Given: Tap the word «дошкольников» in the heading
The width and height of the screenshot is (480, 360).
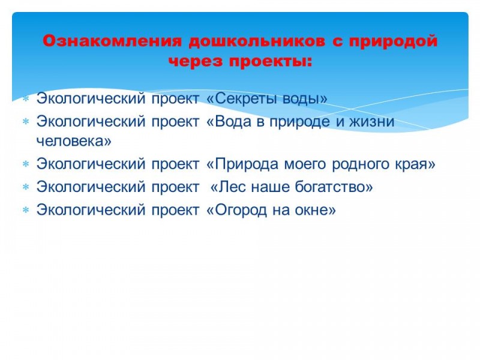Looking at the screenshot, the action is tap(257, 41).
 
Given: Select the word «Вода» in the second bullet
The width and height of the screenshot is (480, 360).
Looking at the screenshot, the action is tap(233, 122).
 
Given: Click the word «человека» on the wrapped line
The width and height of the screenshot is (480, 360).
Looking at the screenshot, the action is tap(70, 141).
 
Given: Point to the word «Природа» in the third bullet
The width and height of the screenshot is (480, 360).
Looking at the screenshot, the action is tap(247, 164).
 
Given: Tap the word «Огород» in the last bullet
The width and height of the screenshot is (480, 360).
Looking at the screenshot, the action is tap(241, 210).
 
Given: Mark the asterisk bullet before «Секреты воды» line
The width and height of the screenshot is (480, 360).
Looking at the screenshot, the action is tap(26, 98).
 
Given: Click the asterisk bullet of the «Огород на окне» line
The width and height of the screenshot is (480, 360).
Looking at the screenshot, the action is tap(26, 210).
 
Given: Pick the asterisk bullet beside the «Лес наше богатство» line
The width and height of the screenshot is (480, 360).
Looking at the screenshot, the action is tap(26, 187).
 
